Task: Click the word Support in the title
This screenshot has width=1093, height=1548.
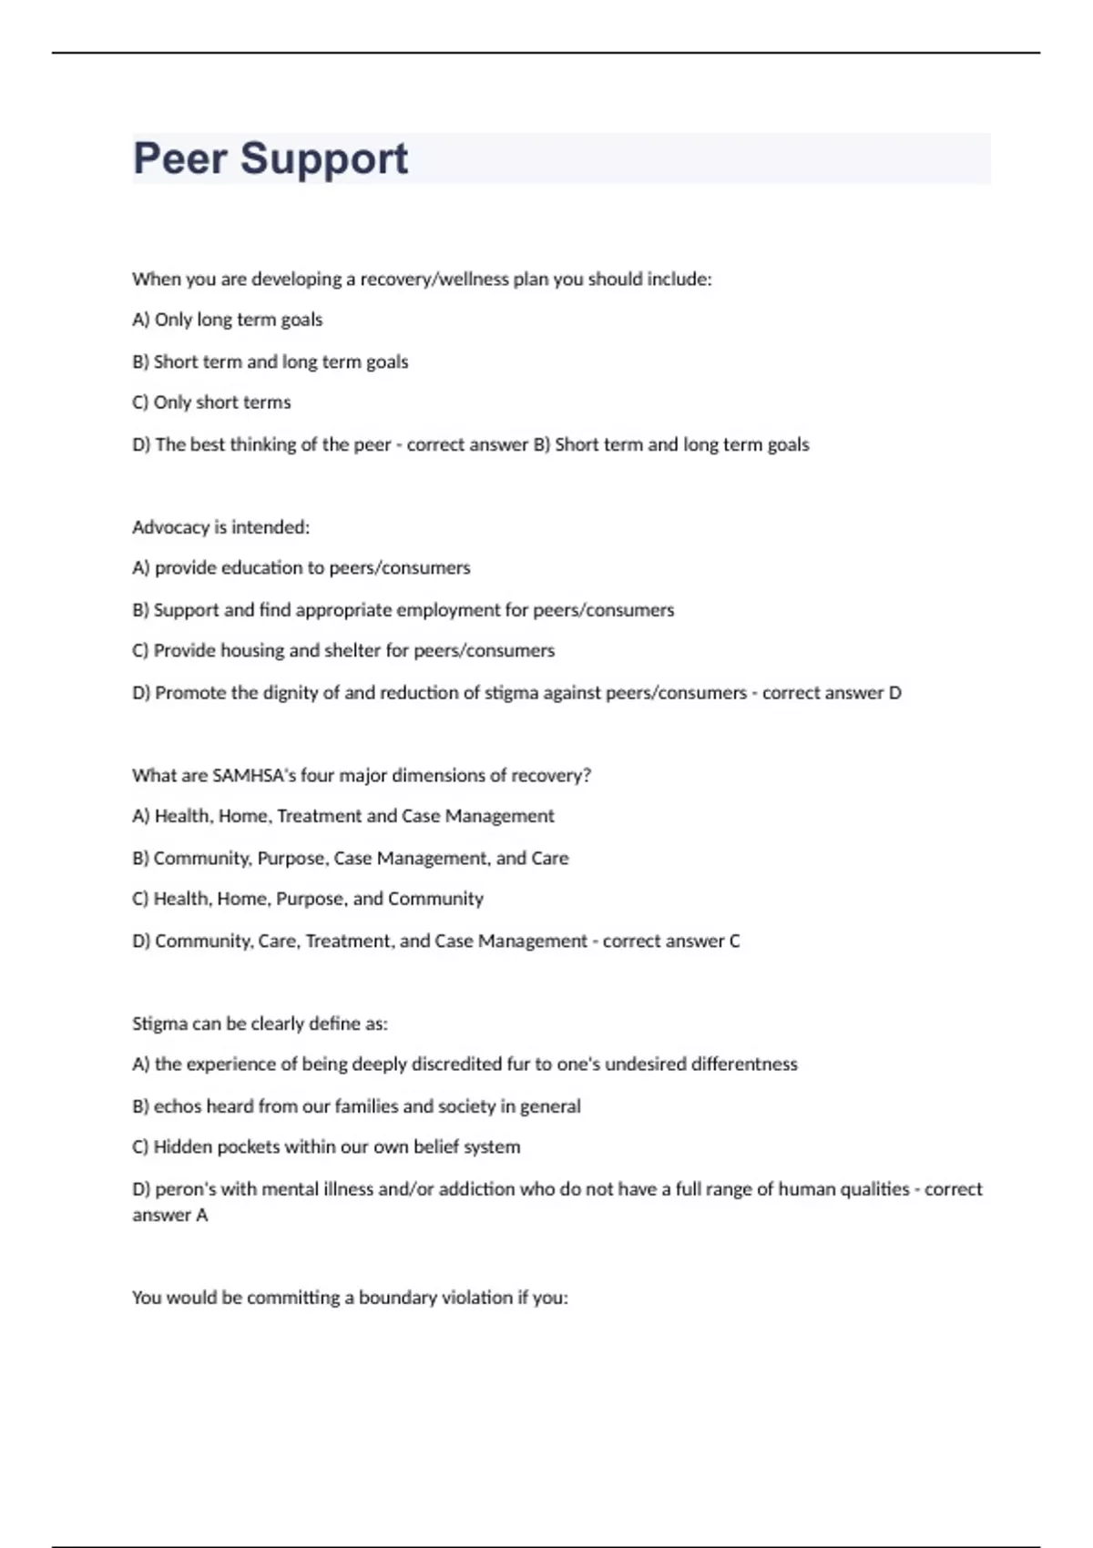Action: click(x=323, y=159)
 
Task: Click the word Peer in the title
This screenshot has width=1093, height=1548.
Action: click(x=179, y=159)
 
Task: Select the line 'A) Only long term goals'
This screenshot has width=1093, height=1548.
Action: click(x=227, y=320)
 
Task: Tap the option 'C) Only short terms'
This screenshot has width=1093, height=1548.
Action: click(x=211, y=402)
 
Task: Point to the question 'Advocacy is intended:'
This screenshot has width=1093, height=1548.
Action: click(x=220, y=527)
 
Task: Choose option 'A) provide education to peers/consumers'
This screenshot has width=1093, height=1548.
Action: click(x=301, y=568)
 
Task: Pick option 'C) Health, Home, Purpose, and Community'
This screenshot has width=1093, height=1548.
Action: click(x=307, y=899)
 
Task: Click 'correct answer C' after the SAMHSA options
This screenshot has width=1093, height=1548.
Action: click(x=671, y=941)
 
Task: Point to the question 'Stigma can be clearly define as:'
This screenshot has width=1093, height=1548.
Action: click(x=260, y=1024)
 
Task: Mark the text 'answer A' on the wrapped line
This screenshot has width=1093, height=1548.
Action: click(x=169, y=1216)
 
